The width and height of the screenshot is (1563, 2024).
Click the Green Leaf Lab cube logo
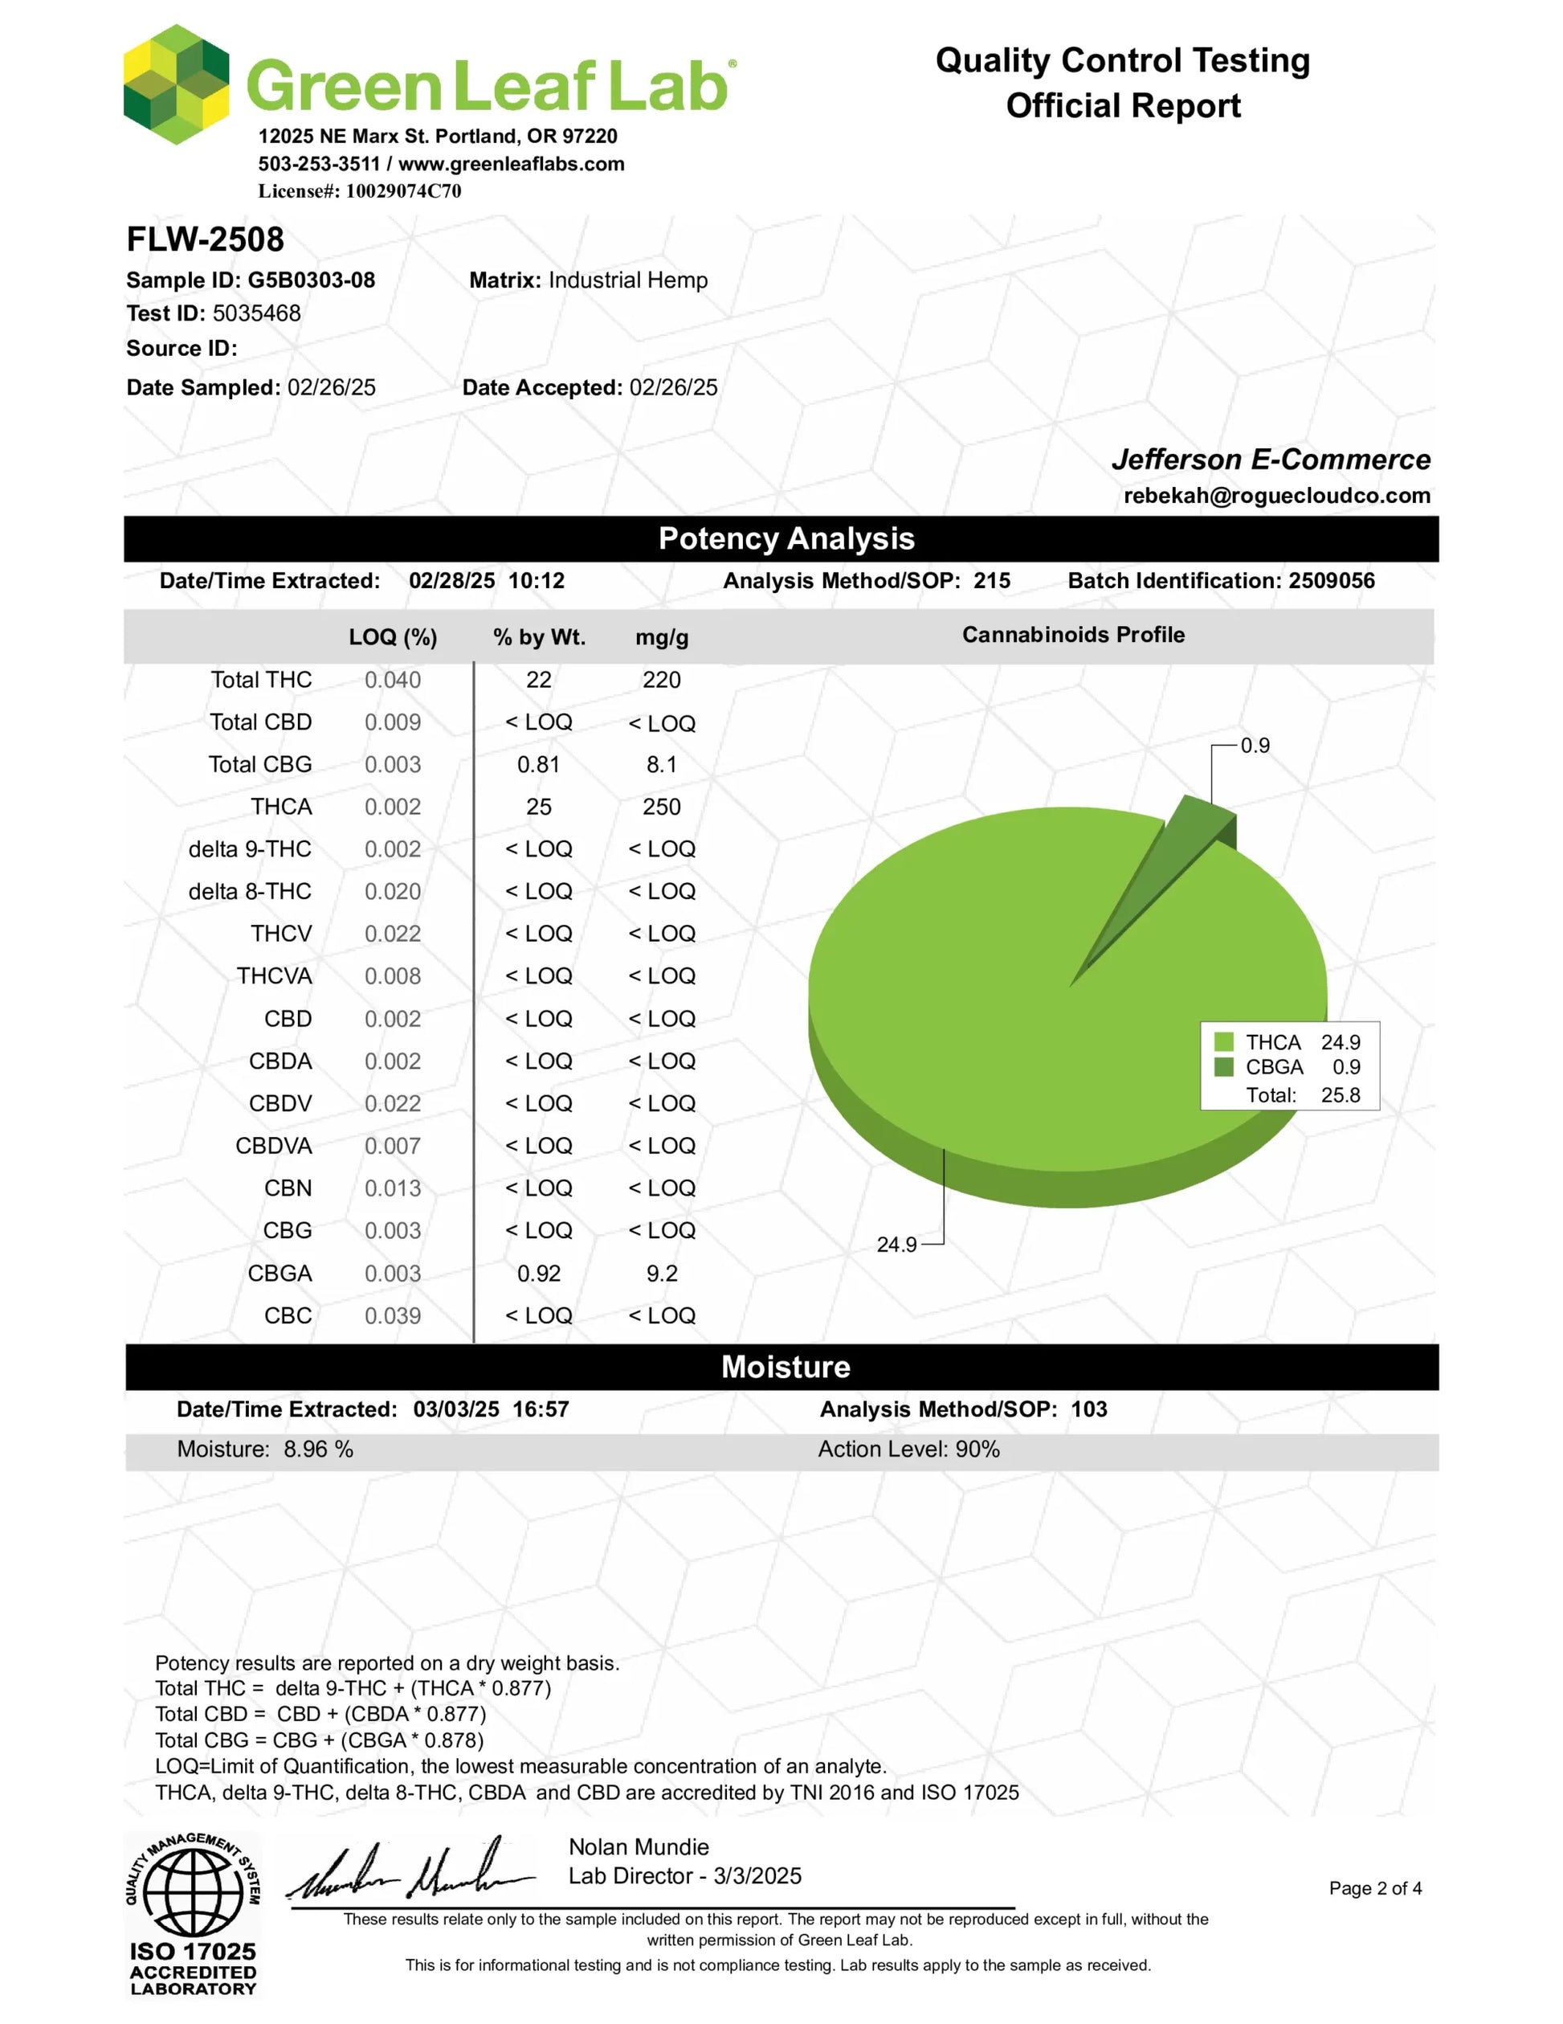coord(176,84)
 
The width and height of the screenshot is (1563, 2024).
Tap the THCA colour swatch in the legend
coord(1223,1041)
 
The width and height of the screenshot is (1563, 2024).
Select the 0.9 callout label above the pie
coord(1255,746)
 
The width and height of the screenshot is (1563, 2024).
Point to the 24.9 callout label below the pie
coord(896,1245)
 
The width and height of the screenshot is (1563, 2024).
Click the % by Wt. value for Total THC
coord(538,681)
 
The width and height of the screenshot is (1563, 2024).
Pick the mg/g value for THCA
coord(662,808)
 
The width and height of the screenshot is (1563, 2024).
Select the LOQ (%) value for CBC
coord(392,1316)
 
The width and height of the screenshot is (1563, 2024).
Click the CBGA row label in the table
coord(280,1274)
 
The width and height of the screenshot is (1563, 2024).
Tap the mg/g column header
coord(662,638)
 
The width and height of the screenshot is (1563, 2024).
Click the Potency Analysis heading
coord(786,539)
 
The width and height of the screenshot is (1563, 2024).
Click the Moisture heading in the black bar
coord(786,1367)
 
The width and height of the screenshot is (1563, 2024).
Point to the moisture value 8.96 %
coord(318,1450)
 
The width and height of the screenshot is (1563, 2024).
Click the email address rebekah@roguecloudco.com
coord(1277,496)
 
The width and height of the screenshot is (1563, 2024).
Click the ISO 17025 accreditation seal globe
coord(193,1891)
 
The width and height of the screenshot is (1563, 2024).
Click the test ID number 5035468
coord(257,313)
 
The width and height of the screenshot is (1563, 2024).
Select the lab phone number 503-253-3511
coord(319,164)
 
